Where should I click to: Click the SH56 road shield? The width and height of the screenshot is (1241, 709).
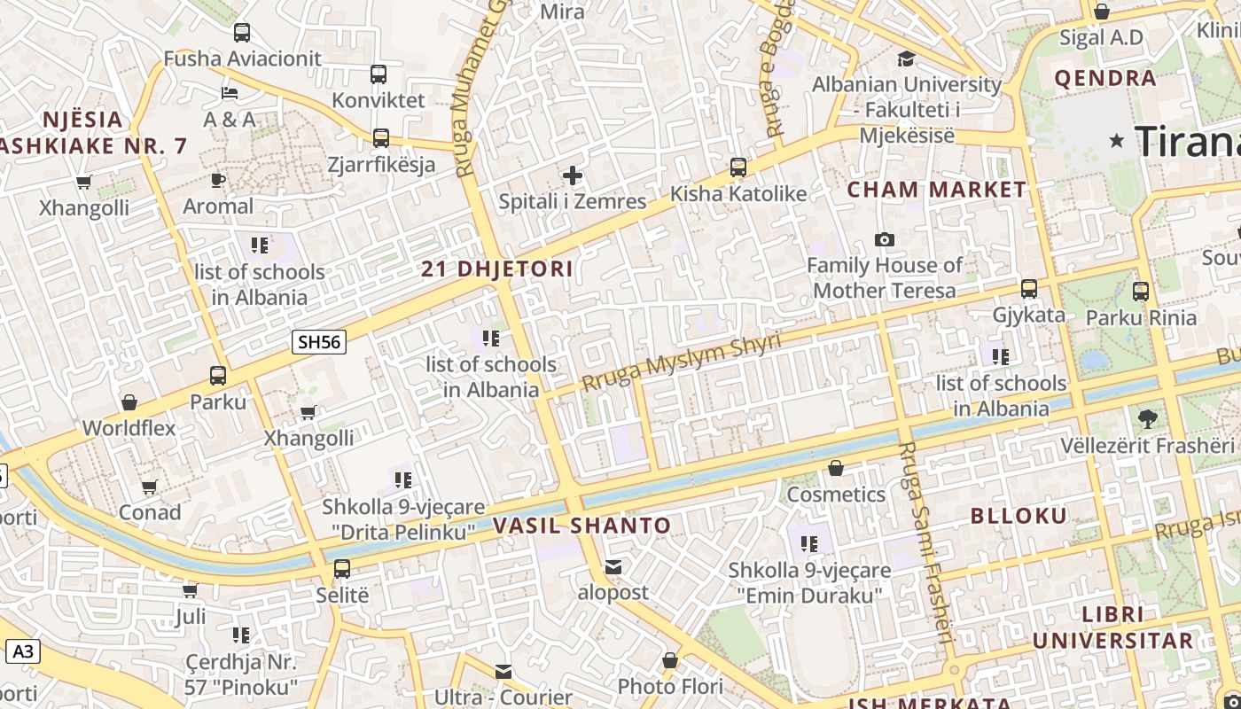319,342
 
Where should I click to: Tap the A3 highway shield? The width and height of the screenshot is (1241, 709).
23,652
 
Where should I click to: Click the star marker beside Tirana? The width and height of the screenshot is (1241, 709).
1116,141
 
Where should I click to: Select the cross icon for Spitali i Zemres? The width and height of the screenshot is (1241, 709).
573,175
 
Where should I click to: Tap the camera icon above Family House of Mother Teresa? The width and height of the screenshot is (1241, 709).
884,239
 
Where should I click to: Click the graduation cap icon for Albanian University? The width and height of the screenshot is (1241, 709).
906,59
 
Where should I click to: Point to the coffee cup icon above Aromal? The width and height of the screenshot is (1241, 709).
218,181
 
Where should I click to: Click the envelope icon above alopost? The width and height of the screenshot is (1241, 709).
613,567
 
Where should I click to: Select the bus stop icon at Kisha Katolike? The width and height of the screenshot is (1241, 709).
738,167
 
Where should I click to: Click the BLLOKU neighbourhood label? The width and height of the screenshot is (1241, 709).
1019,516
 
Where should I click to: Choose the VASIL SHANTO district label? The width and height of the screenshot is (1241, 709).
581,526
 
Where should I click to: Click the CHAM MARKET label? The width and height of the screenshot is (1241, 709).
936,189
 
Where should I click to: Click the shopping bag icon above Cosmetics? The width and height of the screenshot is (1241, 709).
835,467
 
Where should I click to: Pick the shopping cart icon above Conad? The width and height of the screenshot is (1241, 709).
150,487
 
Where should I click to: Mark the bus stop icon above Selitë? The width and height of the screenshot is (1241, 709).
342,568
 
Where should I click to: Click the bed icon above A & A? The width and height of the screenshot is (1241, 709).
230,93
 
